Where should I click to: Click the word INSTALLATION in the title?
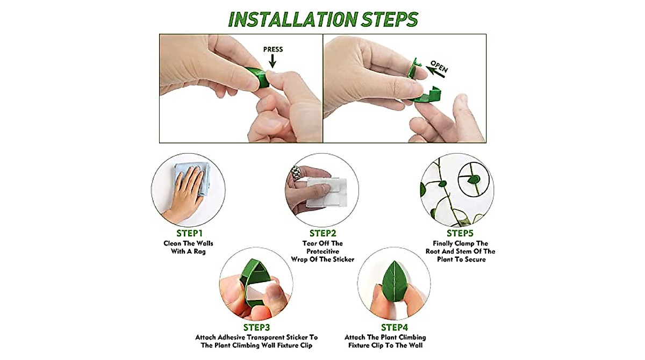(281, 19)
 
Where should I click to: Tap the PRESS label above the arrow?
(273, 49)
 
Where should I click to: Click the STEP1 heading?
(189, 233)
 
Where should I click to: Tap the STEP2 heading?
(322, 233)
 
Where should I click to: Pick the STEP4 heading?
(395, 327)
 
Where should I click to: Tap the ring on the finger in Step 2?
(296, 174)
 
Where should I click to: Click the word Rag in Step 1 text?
(199, 251)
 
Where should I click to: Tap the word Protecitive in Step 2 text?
(322, 251)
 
